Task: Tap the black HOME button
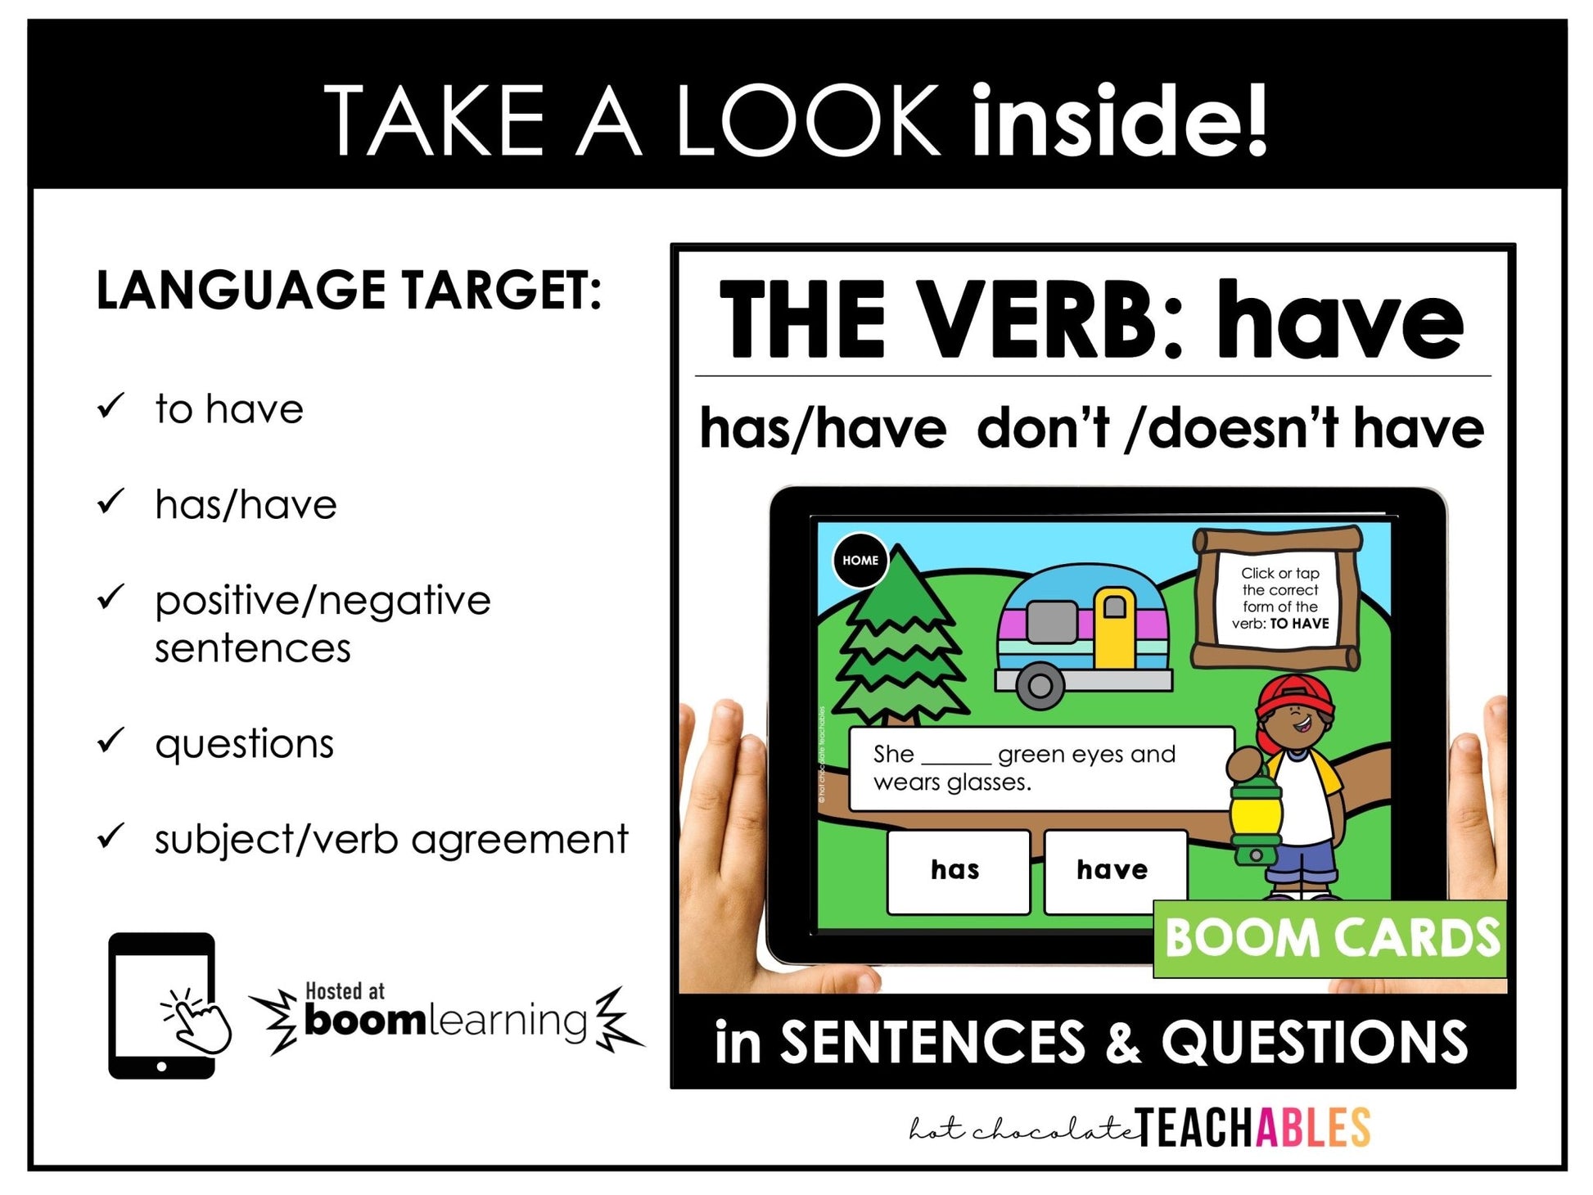pyautogui.click(x=860, y=561)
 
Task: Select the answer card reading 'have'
pyautogui.click(x=1113, y=870)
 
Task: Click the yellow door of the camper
pyautogui.click(x=1114, y=627)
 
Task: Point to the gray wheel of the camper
pyautogui.click(x=1040, y=685)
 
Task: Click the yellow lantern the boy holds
pyautogui.click(x=1252, y=818)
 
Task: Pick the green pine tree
pyautogui.click(x=900, y=647)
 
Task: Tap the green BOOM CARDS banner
pyautogui.click(x=1331, y=938)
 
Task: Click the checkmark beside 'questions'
pyautogui.click(x=111, y=740)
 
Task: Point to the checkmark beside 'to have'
pyautogui.click(x=111, y=405)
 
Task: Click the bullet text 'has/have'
pyautogui.click(x=246, y=505)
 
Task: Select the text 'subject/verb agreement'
pyautogui.click(x=391, y=840)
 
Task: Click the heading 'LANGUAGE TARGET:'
pyautogui.click(x=349, y=291)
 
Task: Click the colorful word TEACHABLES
pyautogui.click(x=1252, y=1129)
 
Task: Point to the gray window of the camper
pyautogui.click(x=1054, y=621)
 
